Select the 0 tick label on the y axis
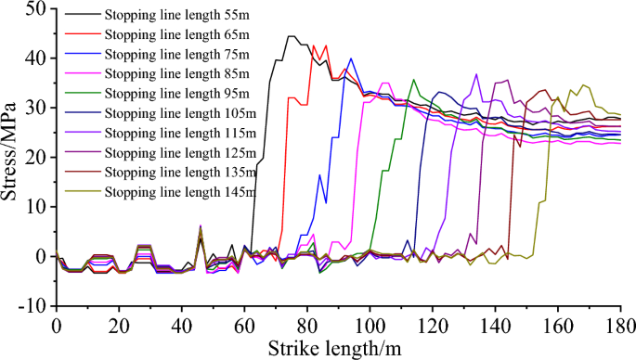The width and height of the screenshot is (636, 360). pos(40,256)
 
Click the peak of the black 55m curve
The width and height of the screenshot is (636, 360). pos(292,36)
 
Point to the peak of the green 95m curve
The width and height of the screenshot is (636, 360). pos(414,80)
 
